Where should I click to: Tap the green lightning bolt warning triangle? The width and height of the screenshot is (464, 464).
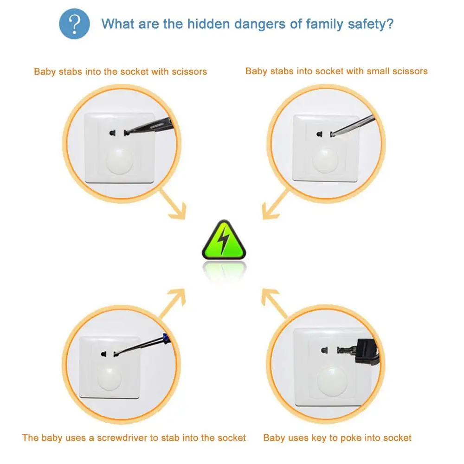[x=224, y=241]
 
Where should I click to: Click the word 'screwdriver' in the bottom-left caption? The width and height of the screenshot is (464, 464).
[x=122, y=438]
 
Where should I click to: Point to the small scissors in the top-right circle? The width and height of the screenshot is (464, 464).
[x=353, y=124]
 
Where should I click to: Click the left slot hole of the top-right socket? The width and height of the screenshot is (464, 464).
[x=319, y=134]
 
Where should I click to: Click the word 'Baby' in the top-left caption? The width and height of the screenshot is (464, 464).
[x=45, y=71]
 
